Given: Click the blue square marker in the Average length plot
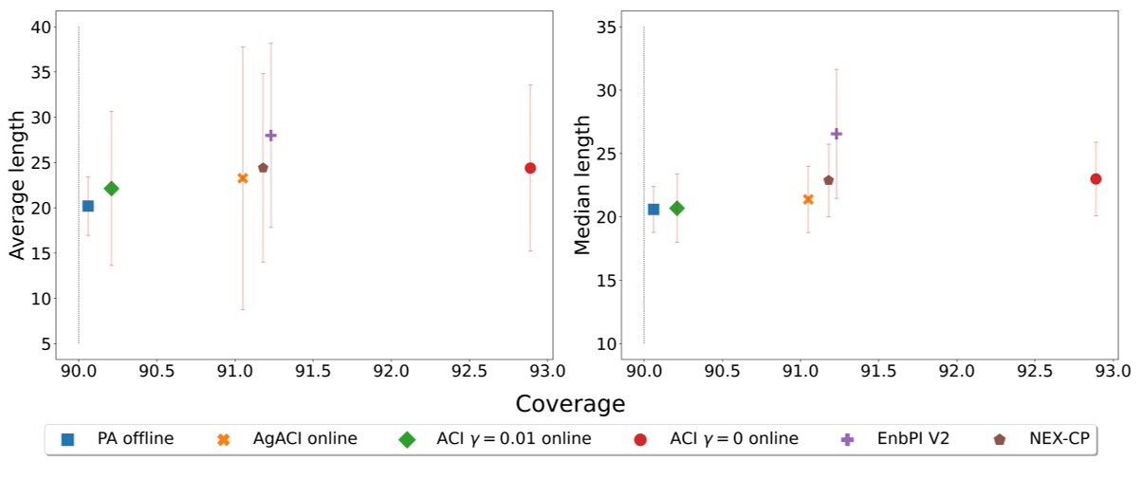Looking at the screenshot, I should click(88, 206).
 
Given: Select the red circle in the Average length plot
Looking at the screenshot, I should click(530, 168).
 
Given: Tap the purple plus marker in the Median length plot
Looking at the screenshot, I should click(836, 134).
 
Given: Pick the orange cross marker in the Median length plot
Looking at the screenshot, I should click(808, 199).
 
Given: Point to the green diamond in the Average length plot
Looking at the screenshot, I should click(111, 189).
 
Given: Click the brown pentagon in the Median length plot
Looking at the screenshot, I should click(828, 180).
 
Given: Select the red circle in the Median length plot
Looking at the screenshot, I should click(1096, 178).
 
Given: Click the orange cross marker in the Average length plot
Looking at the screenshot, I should click(243, 178).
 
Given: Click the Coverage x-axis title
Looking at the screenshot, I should click(570, 404).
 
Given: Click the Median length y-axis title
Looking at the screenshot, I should click(582, 186).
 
